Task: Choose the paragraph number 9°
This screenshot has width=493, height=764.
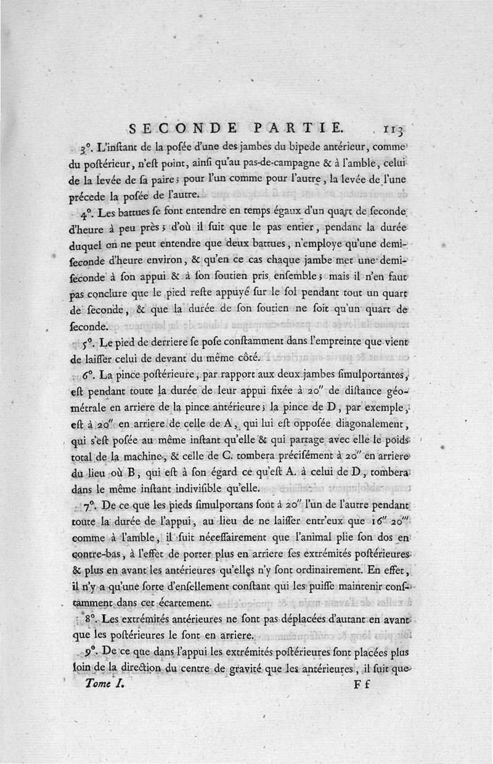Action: (88, 652)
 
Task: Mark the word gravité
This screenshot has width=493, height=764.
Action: (258, 668)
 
